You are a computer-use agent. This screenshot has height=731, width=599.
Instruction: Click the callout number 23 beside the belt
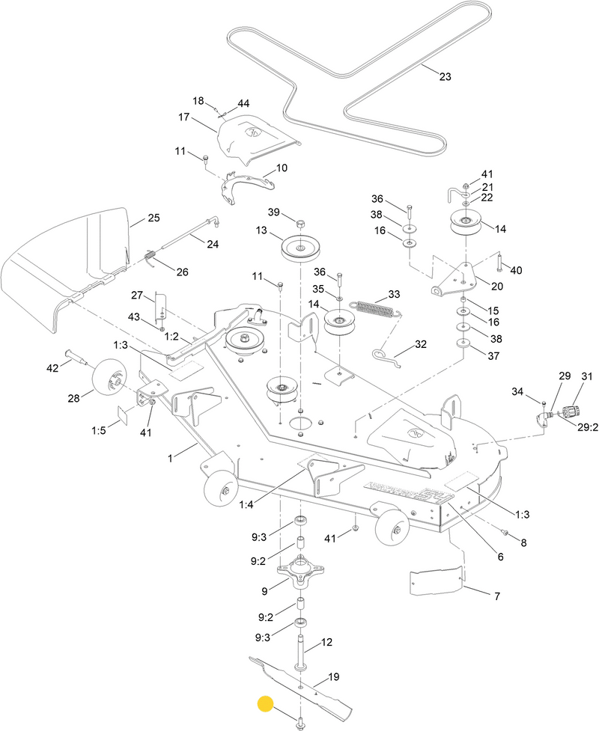click(x=446, y=77)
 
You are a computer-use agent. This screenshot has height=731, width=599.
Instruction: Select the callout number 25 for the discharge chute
click(x=153, y=218)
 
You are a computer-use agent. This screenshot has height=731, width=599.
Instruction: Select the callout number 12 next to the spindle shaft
click(x=326, y=642)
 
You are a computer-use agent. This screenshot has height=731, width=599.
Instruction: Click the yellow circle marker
click(x=265, y=704)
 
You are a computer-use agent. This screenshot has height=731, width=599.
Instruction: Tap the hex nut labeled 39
click(x=299, y=224)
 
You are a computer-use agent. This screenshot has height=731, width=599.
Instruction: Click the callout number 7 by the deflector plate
click(x=497, y=597)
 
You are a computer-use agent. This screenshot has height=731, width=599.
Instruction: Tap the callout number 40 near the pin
click(x=516, y=269)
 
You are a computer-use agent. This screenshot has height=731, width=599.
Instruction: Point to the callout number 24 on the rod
click(x=213, y=243)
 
